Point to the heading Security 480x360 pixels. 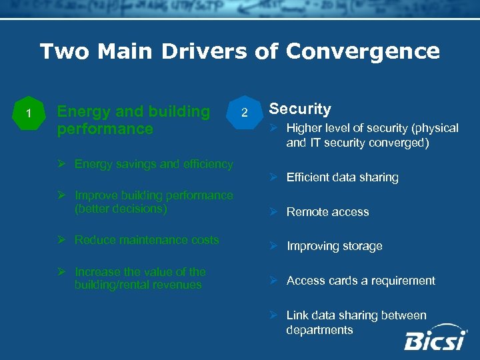pyautogui.click(x=299, y=109)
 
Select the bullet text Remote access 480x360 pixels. pyautogui.click(x=327, y=212)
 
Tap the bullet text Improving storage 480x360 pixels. pyautogui.click(x=334, y=246)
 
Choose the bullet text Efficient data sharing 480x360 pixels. pyautogui.click(x=342, y=177)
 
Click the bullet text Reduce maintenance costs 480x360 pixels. pyautogui.click(x=147, y=240)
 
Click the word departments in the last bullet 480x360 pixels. pyautogui.click(x=319, y=330)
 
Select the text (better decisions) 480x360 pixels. pyautogui.click(x=121, y=209)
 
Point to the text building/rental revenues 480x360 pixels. pyautogui.click(x=138, y=285)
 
